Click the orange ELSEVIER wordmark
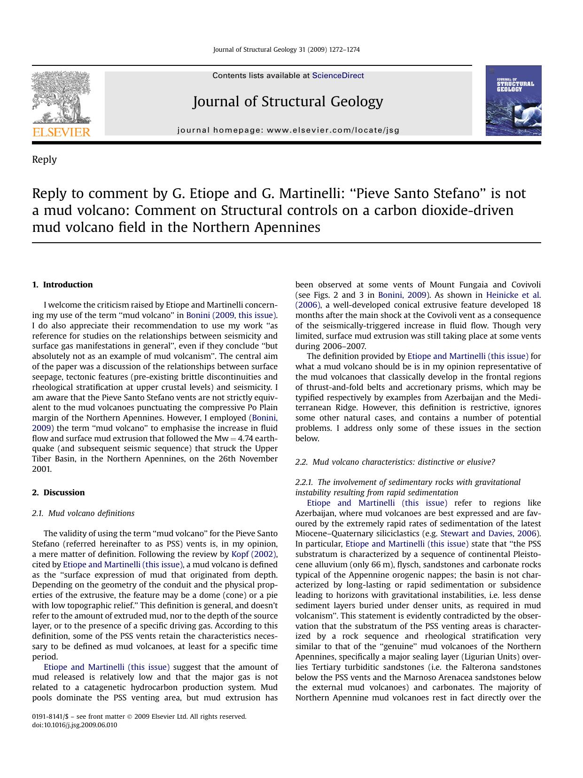[x=61, y=132]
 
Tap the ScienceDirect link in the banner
[x=338, y=76]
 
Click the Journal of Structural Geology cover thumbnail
[x=513, y=101]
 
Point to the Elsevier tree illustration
[x=61, y=96]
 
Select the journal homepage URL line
[x=288, y=130]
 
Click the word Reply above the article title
[x=44, y=159]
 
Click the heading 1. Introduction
[x=62, y=285]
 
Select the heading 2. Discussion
[x=58, y=492]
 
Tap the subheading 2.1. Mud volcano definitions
[x=83, y=513]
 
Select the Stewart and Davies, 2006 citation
[x=490, y=533]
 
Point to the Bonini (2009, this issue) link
[x=232, y=315]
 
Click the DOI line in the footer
[x=74, y=725]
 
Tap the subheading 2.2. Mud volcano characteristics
[x=395, y=462]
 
